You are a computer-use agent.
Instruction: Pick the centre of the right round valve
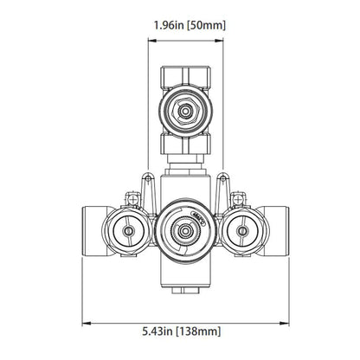(243, 232)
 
